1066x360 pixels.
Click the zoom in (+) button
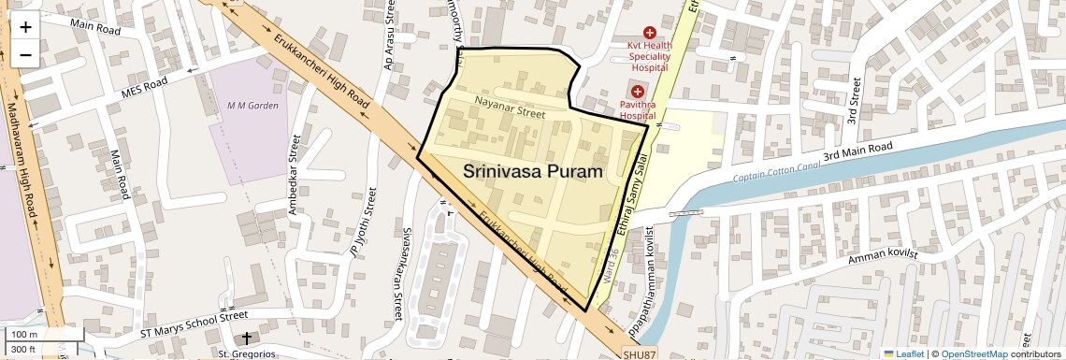(x=25, y=27)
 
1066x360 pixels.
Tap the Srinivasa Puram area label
(x=533, y=171)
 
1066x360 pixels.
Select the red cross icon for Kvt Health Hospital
(x=649, y=33)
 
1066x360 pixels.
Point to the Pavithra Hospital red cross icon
(x=637, y=92)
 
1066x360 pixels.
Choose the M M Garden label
(x=252, y=106)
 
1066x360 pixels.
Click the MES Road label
(x=144, y=89)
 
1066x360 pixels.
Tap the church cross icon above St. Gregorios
(x=247, y=338)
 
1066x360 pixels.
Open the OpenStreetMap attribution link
(x=973, y=354)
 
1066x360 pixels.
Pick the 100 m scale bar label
(x=24, y=335)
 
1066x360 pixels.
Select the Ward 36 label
(x=612, y=266)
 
